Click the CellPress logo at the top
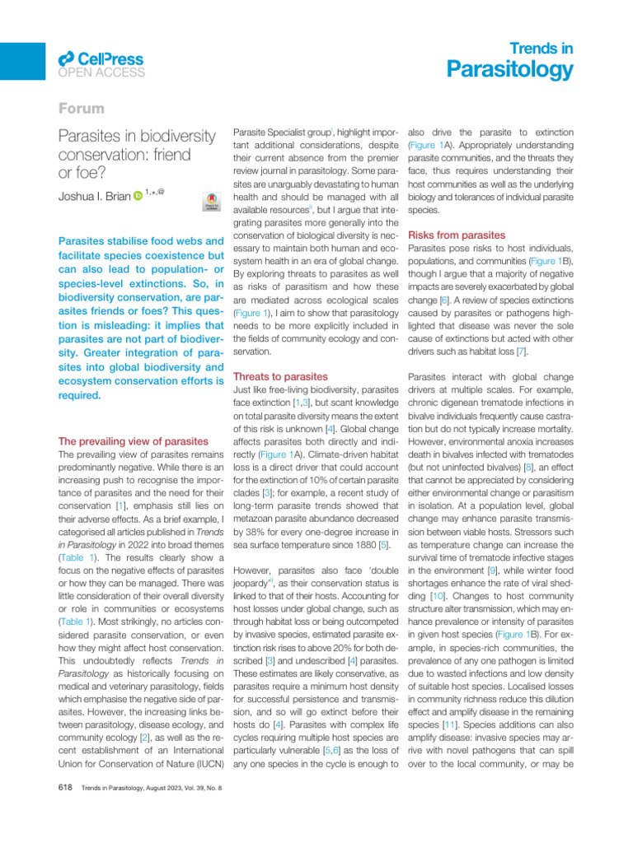point(101,58)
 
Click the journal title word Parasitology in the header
point(509,70)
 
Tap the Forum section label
point(82,109)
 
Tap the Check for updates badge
point(210,203)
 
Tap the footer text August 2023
point(158,789)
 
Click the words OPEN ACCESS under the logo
point(101,72)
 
